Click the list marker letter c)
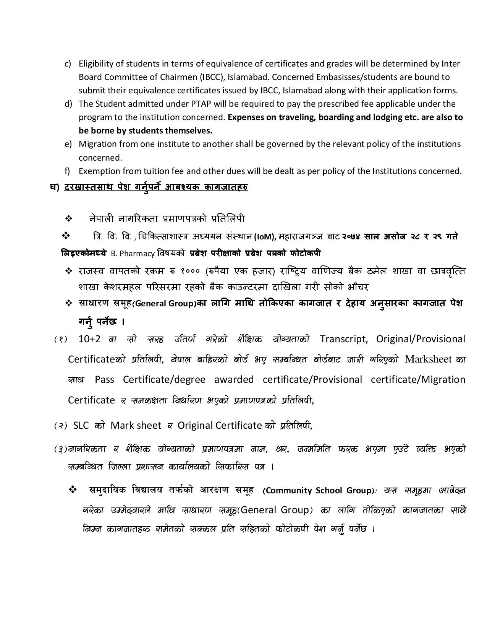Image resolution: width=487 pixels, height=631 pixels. pos(68,63)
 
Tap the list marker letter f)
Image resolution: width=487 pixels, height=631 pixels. pos(68,171)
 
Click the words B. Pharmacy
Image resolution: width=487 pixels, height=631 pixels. pos(133,254)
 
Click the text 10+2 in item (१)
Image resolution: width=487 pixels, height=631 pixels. pos(89,339)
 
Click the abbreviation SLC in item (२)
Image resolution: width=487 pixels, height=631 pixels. pos(81,425)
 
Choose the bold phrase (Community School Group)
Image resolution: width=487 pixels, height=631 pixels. pos(319,490)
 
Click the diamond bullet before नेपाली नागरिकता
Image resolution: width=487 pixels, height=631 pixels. pos(69,219)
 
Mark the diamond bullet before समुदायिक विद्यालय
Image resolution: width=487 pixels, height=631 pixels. pos(73,490)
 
